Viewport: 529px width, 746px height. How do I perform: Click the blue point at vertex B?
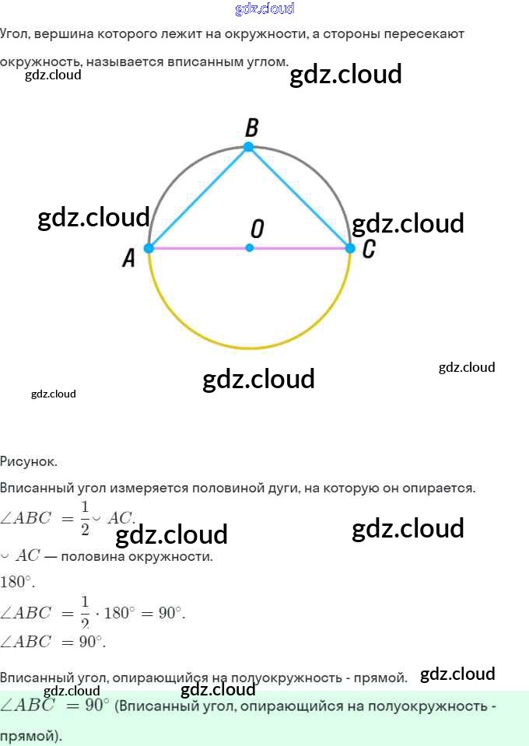point(249,147)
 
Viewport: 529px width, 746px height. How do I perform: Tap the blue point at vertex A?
point(149,248)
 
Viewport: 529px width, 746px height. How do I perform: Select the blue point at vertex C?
point(349,248)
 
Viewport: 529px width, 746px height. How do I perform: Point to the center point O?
point(250,248)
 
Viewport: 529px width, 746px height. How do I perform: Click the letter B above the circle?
point(251,128)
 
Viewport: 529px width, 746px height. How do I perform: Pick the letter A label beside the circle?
point(129,257)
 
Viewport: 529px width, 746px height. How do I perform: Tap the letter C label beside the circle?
point(369,249)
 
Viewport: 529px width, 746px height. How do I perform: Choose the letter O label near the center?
point(257,229)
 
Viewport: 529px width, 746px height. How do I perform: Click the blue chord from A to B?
point(198,198)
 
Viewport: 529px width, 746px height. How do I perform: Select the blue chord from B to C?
point(300,198)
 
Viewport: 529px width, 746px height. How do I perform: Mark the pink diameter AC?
point(300,248)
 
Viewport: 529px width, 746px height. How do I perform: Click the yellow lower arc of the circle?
point(249,348)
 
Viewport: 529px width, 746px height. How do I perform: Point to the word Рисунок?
point(29,461)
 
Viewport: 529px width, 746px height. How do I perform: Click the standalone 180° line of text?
point(17,582)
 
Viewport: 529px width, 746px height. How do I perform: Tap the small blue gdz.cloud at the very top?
point(264,9)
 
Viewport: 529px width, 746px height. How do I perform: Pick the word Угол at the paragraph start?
point(14,34)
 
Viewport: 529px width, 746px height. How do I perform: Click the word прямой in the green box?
point(28,735)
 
